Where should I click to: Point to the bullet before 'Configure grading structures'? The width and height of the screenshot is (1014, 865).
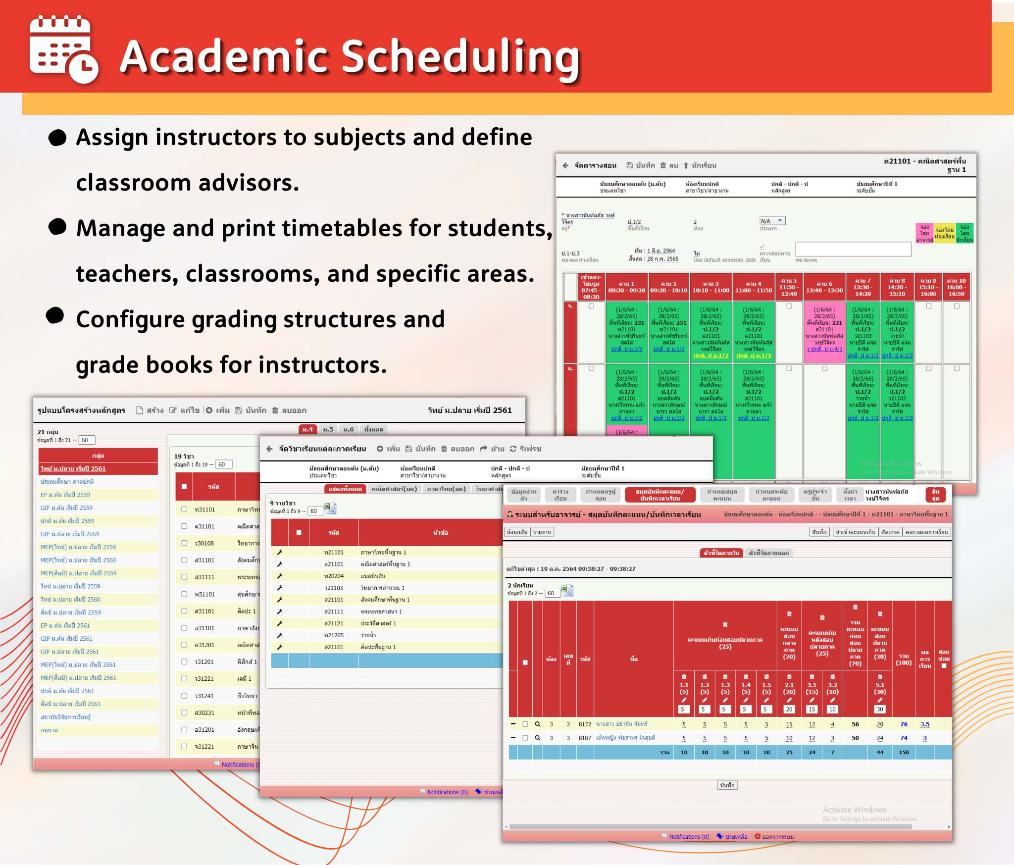click(x=55, y=315)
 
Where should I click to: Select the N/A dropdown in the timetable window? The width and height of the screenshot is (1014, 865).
click(x=772, y=221)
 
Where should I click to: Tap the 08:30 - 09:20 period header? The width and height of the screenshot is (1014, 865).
click(x=626, y=287)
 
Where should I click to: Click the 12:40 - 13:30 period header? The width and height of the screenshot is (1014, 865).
click(x=824, y=287)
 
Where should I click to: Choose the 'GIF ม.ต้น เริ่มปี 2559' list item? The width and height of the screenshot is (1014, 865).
click(x=66, y=508)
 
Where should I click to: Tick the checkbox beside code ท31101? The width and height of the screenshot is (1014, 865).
click(x=184, y=509)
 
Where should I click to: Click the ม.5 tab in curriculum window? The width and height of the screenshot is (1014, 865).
click(x=328, y=429)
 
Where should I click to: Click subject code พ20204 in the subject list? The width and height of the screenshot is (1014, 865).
click(x=334, y=576)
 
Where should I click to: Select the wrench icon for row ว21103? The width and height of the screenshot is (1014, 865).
click(x=280, y=588)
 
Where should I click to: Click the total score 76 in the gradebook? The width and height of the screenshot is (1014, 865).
click(x=904, y=724)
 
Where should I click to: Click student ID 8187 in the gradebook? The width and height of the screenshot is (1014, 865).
click(x=585, y=738)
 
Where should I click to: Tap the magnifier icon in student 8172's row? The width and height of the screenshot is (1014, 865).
click(x=537, y=724)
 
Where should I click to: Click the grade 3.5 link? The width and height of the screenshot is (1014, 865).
click(x=924, y=724)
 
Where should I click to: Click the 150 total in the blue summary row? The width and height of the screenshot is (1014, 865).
click(x=904, y=752)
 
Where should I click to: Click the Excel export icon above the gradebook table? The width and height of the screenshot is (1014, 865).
click(x=567, y=591)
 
